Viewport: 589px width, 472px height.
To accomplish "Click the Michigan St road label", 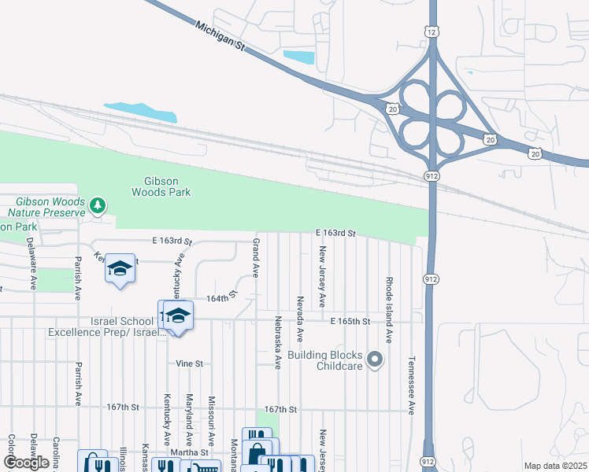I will [220, 35].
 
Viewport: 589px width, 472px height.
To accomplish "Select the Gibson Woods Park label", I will [160, 186].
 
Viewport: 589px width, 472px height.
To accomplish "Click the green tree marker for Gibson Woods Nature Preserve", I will [98, 206].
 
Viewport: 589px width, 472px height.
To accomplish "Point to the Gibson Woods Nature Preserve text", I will [46, 207].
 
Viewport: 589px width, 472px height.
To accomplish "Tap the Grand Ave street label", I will [256, 258].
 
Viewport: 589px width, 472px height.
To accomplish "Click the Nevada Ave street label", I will [300, 318].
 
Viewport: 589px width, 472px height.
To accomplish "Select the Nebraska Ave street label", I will [278, 342].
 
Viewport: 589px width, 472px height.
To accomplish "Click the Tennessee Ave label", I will [411, 385].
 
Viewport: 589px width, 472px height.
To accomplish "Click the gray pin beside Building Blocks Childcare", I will [375, 361].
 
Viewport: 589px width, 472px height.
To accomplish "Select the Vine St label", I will [190, 363].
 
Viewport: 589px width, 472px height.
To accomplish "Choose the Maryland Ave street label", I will [189, 420].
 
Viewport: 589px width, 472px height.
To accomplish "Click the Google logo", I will [26, 463].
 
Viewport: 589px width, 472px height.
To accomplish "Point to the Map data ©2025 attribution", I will [555, 466].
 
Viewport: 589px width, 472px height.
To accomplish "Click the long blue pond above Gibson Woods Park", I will [141, 112].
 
